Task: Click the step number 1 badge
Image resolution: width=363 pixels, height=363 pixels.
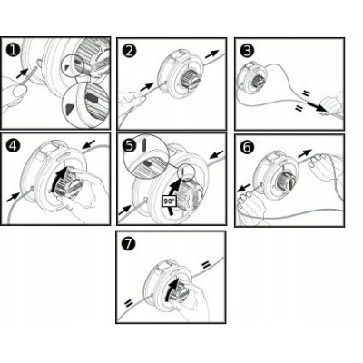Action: coord(13,50)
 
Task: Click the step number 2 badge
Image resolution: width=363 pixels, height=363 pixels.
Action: coord(130,51)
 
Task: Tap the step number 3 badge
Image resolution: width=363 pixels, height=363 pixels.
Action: coord(247,51)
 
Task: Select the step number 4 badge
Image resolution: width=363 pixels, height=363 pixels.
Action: coord(14,146)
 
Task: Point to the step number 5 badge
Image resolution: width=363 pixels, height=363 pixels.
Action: coord(130,146)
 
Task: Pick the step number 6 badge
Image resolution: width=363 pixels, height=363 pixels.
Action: coord(247,147)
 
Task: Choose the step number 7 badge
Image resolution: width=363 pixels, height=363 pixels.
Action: coord(128,244)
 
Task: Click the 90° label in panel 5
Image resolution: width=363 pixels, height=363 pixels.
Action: coord(168,201)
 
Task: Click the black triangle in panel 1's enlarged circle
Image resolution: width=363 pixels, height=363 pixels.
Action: coord(70,107)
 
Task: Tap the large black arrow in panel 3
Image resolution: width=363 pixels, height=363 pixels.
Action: coord(317,106)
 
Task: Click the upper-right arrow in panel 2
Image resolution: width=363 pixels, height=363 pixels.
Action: coord(211,54)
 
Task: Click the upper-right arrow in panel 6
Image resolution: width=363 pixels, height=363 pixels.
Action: coord(305,153)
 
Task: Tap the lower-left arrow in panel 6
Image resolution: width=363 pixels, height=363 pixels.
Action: coord(244,187)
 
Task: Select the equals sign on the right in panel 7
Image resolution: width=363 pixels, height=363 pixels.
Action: coord(205,265)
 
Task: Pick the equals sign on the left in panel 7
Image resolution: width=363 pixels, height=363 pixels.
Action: coord(129,302)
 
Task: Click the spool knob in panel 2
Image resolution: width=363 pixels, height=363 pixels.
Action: coord(191,79)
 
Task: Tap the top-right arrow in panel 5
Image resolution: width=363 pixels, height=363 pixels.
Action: coord(217,154)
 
